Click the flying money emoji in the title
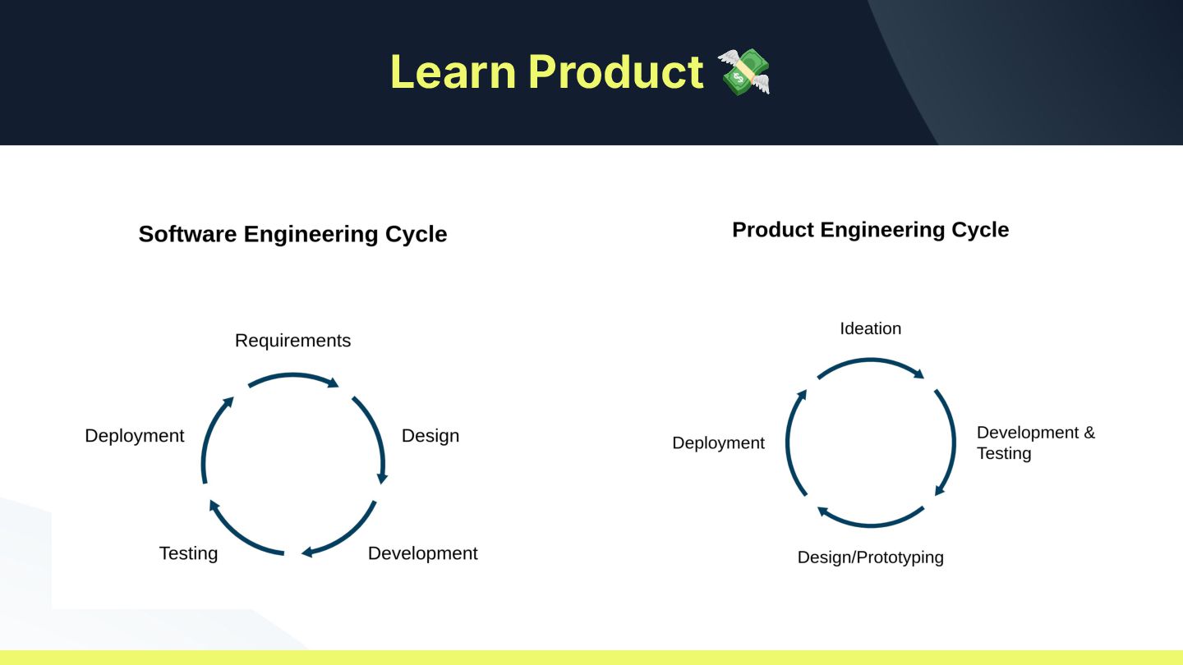coord(743,71)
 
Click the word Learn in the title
coord(453,71)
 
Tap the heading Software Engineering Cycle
coord(292,234)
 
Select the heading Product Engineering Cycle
coord(870,230)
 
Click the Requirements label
coord(292,341)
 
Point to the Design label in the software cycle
coord(430,436)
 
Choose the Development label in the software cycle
coord(422,553)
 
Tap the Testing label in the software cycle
coord(188,553)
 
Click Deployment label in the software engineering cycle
coord(135,436)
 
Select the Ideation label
coord(870,328)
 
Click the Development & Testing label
coord(1035,443)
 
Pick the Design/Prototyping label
coord(870,557)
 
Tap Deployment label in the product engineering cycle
coord(718,443)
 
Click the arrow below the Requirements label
coord(293,377)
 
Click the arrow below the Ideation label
coord(871,361)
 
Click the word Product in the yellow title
coord(615,71)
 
